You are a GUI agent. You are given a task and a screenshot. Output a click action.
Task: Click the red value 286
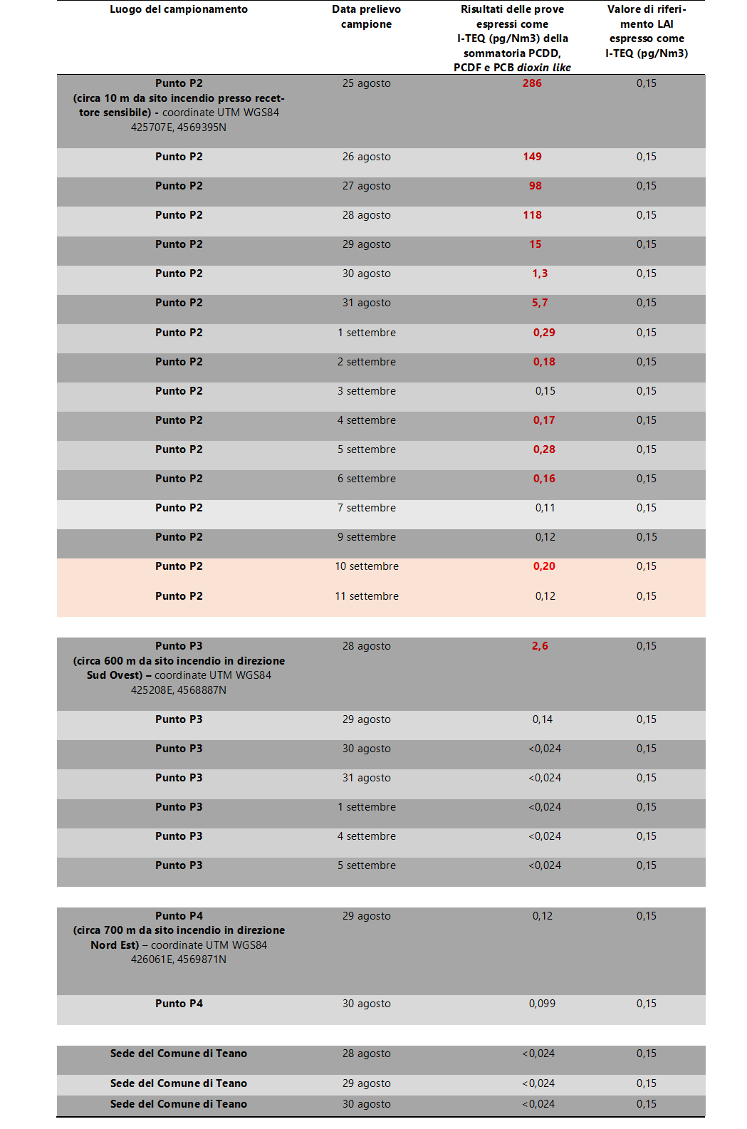532,83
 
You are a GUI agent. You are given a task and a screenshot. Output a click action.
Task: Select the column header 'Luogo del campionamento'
179,9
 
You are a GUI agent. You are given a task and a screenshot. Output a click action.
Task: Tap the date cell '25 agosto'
366,83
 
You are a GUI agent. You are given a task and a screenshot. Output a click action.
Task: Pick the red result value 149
532,157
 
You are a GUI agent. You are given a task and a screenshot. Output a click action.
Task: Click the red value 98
535,186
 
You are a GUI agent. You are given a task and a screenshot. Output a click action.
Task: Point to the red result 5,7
540,303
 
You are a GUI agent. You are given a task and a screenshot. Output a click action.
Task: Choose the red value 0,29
544,333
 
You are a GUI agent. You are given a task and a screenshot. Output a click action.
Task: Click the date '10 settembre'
367,566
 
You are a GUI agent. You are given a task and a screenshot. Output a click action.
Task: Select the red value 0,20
544,566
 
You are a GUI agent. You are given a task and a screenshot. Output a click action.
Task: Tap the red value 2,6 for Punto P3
540,646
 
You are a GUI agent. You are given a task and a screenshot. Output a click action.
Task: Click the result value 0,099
542,1004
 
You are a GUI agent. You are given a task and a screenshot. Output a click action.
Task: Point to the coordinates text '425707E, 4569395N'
179,128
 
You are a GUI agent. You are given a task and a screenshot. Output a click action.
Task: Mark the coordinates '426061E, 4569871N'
179,959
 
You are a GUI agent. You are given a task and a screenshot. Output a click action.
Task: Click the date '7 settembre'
367,508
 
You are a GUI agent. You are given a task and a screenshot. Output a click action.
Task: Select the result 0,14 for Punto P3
542,719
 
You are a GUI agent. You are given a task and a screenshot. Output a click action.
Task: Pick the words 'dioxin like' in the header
544,68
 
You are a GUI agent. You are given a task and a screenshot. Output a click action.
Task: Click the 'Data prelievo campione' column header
366,16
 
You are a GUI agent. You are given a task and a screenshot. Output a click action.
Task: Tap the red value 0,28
544,449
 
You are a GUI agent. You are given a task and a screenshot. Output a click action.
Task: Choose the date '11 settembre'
367,596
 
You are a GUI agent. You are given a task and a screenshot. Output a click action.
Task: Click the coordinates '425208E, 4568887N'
179,690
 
